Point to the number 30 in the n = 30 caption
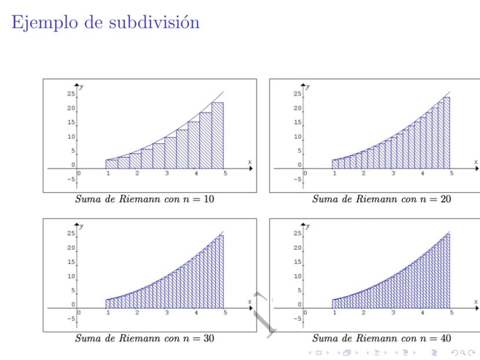coord(208,339)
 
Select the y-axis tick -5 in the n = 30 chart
coord(71,318)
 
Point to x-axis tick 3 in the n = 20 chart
coord(393,173)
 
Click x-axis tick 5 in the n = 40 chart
coord(452,312)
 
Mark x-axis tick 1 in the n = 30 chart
coord(108,312)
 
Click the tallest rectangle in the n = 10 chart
coord(217,135)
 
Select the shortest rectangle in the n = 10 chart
coord(111,164)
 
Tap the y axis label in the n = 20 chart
coord(308,86)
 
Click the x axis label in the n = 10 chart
coord(250,162)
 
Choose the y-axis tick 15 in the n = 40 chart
coord(297,262)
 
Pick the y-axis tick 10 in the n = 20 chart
coord(297,137)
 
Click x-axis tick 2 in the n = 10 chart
coord(137,173)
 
